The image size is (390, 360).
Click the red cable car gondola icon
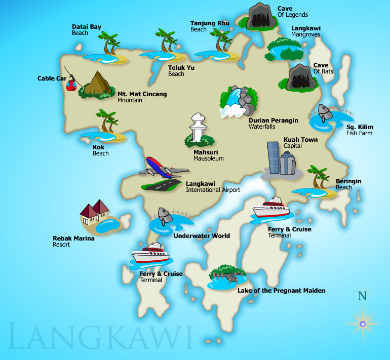(x=72, y=84)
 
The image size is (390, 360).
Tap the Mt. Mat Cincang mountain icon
(x=96, y=85)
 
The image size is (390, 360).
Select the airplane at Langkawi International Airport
(x=160, y=168)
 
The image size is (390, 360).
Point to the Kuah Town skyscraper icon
(x=280, y=160)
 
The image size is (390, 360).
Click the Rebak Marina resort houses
(x=95, y=212)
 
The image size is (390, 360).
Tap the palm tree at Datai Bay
(x=109, y=44)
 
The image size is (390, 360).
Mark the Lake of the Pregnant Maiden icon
(x=226, y=276)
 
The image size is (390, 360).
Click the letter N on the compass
(x=362, y=296)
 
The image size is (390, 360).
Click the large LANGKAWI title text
(x=101, y=337)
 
